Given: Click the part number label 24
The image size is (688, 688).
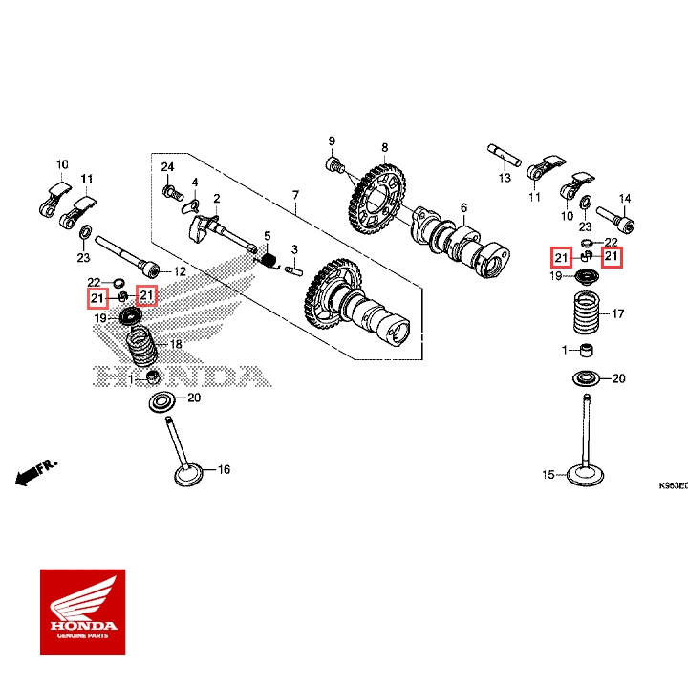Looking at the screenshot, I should tap(167, 167).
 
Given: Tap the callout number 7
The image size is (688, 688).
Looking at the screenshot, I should tap(295, 194).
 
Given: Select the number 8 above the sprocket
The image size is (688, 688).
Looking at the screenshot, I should tap(384, 148).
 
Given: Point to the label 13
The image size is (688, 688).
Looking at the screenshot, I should tap(505, 178).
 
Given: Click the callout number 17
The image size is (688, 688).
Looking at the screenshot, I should tap(617, 313).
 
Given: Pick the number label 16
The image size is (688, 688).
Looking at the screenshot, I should tap(225, 470).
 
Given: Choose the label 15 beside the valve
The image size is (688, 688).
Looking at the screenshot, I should tap(548, 475).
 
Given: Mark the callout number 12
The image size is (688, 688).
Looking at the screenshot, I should tap(179, 272).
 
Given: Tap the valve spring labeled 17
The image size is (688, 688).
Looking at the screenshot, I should tap(585, 313).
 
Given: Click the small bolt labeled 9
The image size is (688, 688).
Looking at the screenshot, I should tap(334, 166).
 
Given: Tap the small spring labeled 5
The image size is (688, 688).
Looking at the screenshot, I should tap(270, 258).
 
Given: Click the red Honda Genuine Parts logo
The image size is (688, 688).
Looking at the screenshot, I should tap(82, 612).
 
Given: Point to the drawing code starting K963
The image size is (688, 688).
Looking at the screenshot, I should tap(673, 484).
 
